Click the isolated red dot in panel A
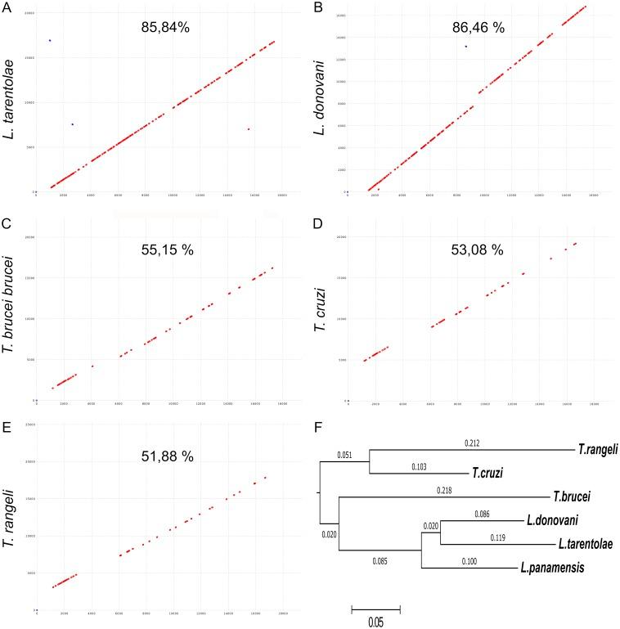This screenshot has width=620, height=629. pyautogui.click(x=248, y=129)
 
